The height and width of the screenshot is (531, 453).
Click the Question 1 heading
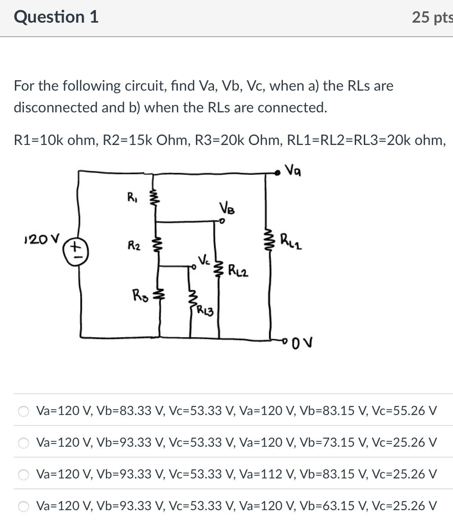point(56,17)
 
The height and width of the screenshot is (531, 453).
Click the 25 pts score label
point(432,17)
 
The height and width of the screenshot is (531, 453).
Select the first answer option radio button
point(23,411)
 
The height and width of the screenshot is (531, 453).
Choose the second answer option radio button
point(23,443)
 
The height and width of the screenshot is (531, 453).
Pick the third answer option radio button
point(23,474)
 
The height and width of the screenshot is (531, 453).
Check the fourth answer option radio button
point(23,506)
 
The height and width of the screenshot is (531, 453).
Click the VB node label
point(227,209)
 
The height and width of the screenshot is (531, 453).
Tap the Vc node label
point(203,261)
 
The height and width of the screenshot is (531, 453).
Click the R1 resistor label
point(132,197)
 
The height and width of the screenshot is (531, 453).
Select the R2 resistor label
point(132,246)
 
